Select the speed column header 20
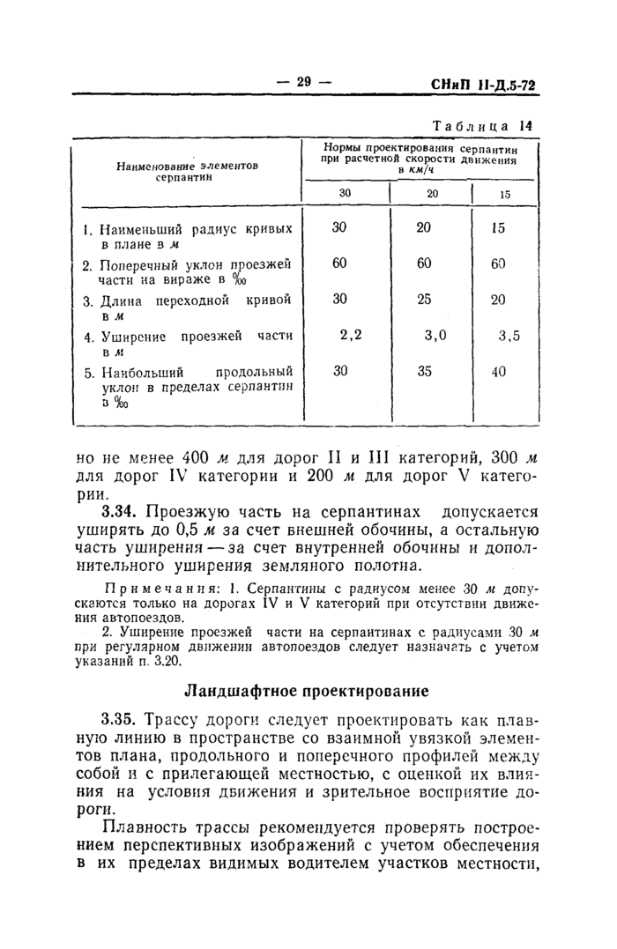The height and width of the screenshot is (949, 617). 432,194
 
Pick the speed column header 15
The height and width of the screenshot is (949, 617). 505,194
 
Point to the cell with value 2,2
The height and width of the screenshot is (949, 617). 351,334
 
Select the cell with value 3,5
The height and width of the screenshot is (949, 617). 509,335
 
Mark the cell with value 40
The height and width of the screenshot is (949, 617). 499,371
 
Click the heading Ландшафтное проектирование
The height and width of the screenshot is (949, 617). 306,690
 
